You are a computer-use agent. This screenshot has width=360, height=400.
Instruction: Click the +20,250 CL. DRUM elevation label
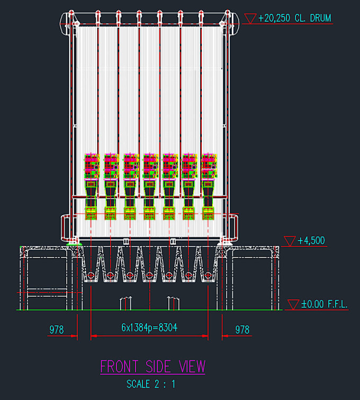point(295,18)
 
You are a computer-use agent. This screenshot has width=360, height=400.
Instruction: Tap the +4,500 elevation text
point(311,241)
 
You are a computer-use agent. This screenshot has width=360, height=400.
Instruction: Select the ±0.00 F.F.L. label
point(325,304)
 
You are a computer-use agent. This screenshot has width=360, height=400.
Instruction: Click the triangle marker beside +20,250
point(250,19)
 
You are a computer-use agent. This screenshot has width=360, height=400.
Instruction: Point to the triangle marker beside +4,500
point(290,241)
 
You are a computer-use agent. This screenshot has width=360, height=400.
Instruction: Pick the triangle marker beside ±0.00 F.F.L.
point(293,305)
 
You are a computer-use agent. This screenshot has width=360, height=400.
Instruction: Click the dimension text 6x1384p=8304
point(149,327)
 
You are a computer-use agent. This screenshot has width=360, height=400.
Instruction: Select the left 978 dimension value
point(56,330)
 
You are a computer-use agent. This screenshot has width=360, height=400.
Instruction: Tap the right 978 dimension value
point(242,330)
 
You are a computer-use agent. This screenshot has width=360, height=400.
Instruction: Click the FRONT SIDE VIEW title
point(152,367)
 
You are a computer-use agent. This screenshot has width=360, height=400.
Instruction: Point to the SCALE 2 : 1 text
point(151,384)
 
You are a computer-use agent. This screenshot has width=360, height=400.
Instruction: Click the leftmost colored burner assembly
point(91,186)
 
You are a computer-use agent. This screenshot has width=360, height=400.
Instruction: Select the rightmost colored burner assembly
point(209,186)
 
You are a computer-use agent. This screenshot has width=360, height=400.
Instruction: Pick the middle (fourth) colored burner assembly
point(150,186)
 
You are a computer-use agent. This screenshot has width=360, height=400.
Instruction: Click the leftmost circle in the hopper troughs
point(91,275)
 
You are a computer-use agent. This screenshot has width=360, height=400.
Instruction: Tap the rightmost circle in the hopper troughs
point(208,275)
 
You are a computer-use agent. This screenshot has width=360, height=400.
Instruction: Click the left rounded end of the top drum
point(64,23)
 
